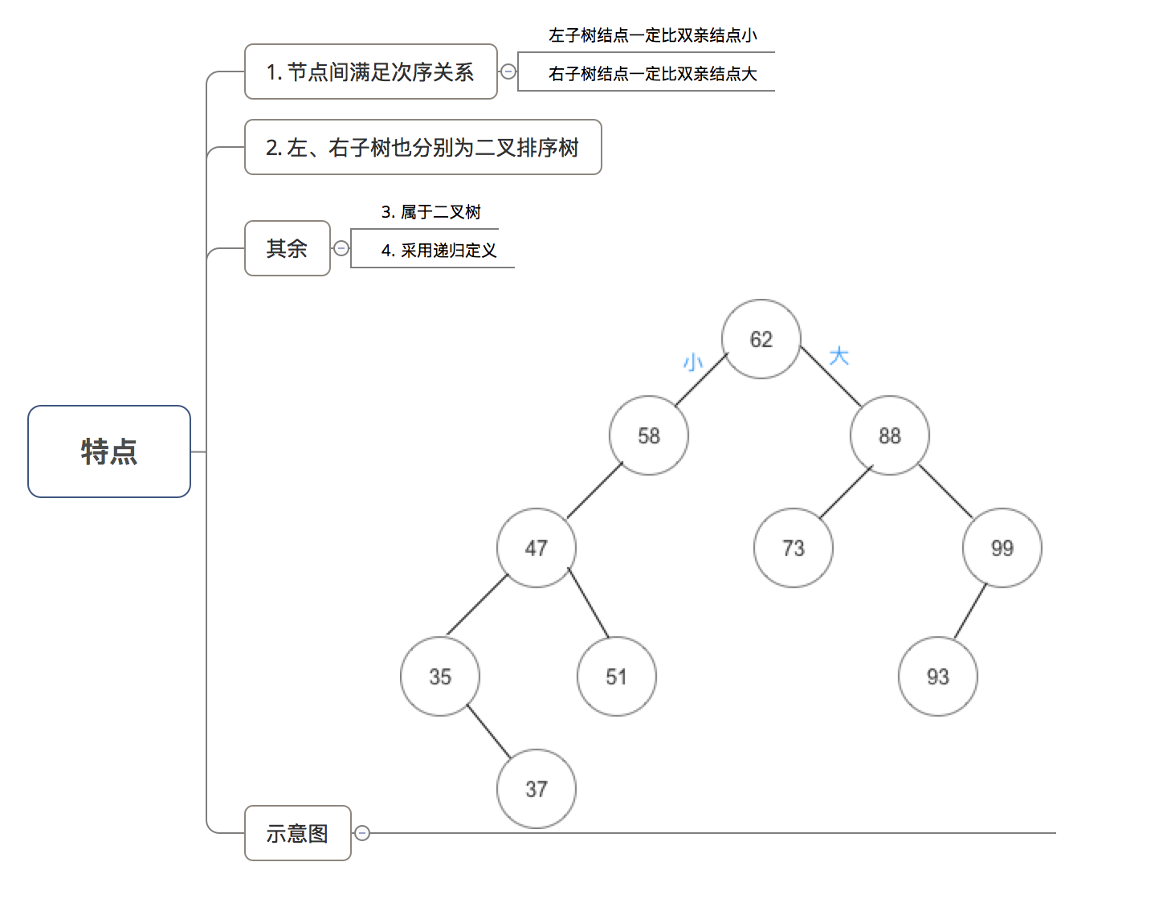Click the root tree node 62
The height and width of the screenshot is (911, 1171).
pos(761,339)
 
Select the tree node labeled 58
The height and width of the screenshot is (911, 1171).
pos(648,435)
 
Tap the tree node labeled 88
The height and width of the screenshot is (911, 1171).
pos(889,435)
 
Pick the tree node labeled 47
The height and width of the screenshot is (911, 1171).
pos(536,548)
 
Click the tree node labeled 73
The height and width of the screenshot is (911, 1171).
pos(793,548)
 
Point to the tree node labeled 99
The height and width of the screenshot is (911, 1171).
pos(1002,548)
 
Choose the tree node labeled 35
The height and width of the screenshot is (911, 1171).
pos(439,676)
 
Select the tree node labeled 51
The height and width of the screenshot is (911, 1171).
pos(616,676)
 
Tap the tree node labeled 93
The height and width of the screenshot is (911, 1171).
pos(937,676)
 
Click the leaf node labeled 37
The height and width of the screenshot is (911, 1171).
pos(536,789)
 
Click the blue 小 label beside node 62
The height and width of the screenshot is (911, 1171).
pos(692,362)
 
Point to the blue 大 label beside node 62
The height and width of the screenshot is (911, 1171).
pos(838,356)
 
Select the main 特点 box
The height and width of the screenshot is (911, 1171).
pos(109,451)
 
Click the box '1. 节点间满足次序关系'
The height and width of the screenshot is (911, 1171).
pos(370,72)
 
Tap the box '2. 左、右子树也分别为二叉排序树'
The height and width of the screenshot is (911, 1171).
pos(422,148)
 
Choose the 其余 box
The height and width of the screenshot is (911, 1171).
pos(287,248)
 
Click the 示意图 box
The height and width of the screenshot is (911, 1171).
pos(297,833)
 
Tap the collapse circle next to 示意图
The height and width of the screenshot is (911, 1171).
pos(362,833)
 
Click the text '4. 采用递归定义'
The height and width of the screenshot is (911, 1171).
pos(439,251)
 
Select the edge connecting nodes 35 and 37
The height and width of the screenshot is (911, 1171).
pos(488,732)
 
